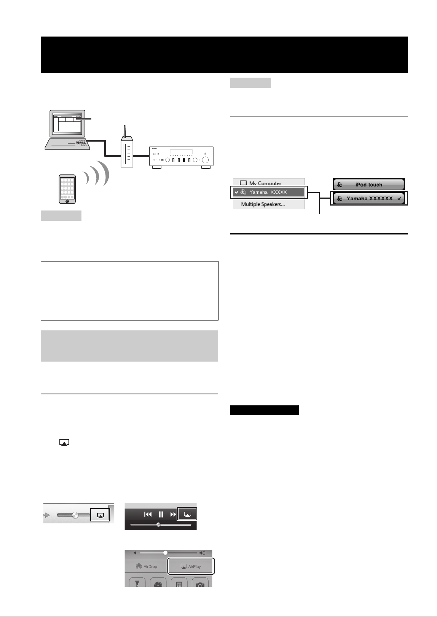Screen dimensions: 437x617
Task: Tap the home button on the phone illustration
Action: pos(67,201)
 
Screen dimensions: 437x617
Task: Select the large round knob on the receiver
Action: pos(205,160)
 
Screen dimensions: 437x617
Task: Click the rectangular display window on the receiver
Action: pos(181,152)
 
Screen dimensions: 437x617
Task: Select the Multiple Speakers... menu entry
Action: pos(263,204)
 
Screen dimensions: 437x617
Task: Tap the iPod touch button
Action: pos(368,185)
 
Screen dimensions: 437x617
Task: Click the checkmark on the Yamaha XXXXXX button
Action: pos(400,198)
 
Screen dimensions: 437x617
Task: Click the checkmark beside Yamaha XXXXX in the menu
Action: pos(236,192)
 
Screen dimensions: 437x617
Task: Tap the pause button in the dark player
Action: pos(161,514)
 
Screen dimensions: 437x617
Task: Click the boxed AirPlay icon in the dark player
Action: pos(187,514)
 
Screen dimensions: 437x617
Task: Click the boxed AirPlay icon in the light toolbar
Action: pos(100,515)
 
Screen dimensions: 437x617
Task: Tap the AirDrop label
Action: pos(150,566)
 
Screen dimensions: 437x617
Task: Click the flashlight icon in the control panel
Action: pos(137,584)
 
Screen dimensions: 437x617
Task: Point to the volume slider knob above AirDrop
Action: pos(165,553)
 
